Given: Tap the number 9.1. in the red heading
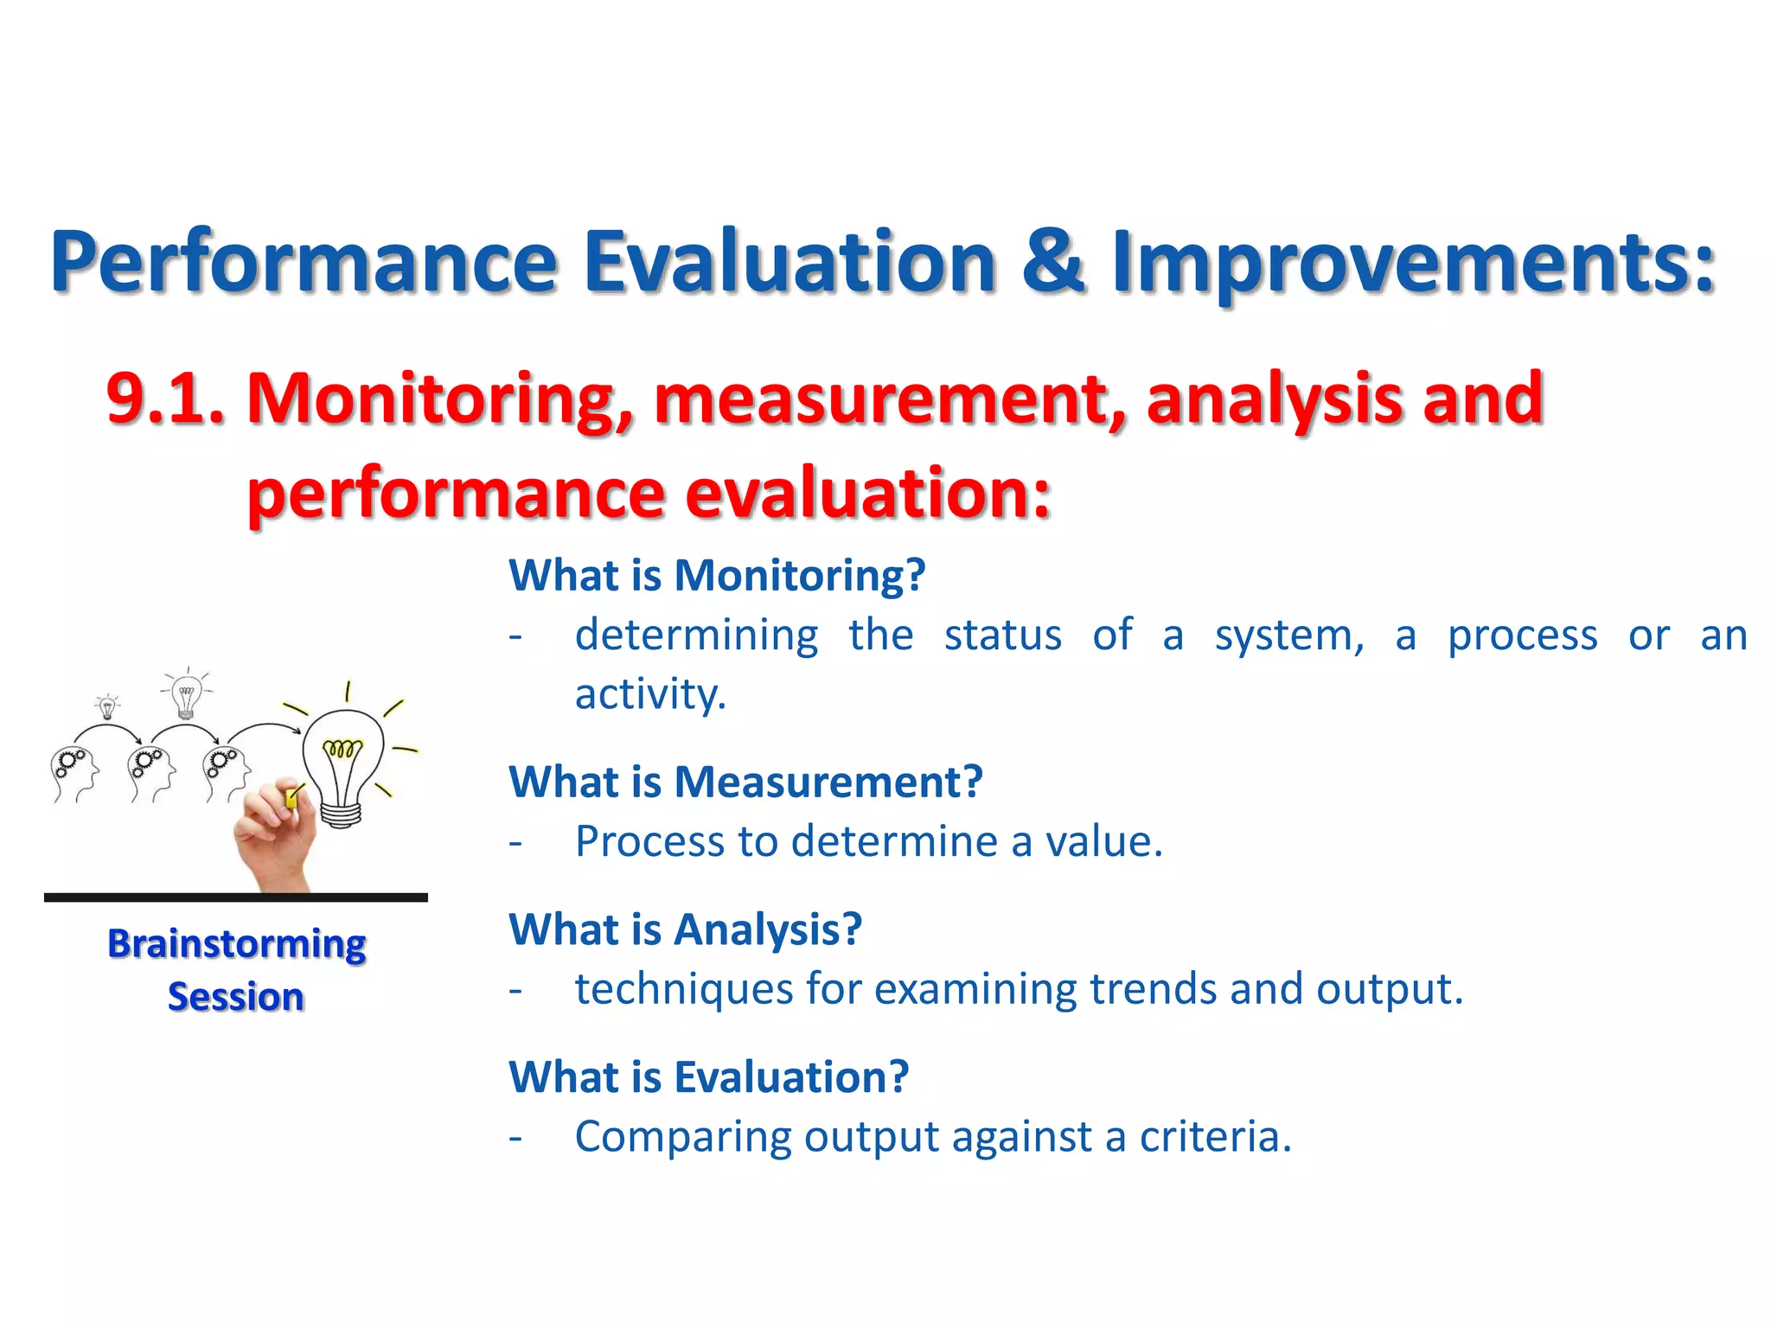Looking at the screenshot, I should click(x=165, y=399).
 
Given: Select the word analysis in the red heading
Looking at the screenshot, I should click(x=1275, y=399).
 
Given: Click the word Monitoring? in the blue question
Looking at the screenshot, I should click(x=799, y=576).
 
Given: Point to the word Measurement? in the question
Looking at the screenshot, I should click(x=828, y=782).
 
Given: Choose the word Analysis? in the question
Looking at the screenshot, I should click(x=767, y=930).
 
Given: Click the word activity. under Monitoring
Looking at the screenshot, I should click(x=650, y=694).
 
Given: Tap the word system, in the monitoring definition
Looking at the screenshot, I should click(x=1289, y=635).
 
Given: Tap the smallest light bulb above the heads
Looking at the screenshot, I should click(x=107, y=707).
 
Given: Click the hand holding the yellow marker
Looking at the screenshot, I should click(x=275, y=834).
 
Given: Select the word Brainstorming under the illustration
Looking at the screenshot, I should click(x=236, y=944).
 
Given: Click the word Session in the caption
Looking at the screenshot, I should click(x=236, y=997).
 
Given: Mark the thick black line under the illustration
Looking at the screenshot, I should click(x=236, y=897).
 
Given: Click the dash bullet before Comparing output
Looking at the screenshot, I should click(x=515, y=1137).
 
